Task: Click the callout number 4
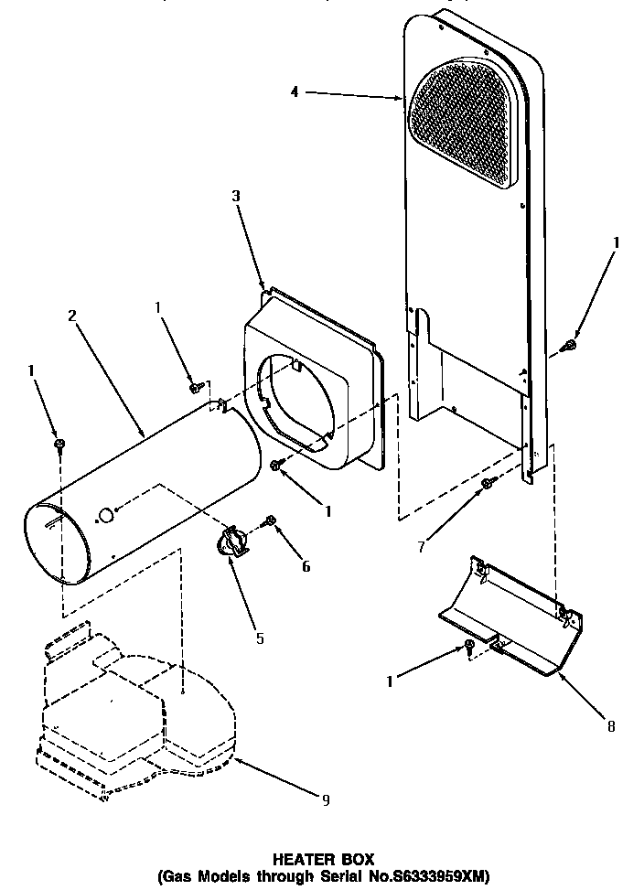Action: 294,92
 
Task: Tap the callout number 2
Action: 72,316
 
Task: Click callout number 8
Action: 610,727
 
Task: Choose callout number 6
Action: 306,566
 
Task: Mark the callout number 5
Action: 260,638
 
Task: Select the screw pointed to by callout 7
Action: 487,481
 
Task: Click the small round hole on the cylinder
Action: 107,517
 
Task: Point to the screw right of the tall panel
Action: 569,345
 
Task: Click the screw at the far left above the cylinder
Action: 59,443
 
